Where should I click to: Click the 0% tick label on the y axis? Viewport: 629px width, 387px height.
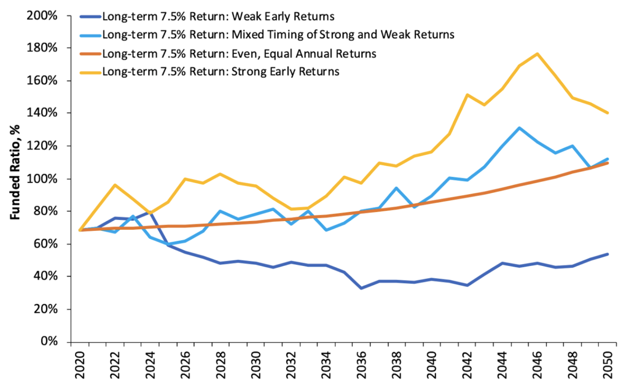(50, 342)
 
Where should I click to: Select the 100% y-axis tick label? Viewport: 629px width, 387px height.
(45, 179)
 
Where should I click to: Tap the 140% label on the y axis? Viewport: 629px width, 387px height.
(45, 113)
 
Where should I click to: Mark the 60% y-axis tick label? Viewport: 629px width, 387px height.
(47, 244)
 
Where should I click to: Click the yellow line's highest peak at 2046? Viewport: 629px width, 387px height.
(537, 53)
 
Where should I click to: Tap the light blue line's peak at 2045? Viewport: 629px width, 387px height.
(520, 128)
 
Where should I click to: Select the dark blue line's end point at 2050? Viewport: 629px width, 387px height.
(608, 254)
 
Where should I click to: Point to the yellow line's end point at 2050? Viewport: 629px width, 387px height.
(608, 113)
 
